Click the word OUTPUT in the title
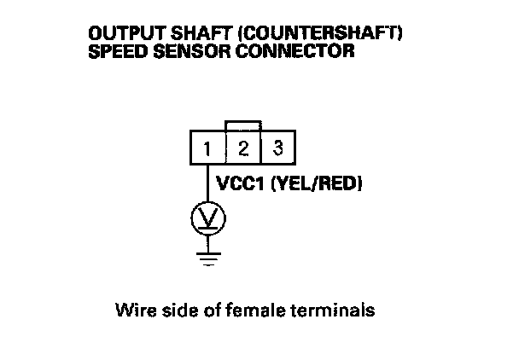(118, 34)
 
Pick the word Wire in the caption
(131, 310)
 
